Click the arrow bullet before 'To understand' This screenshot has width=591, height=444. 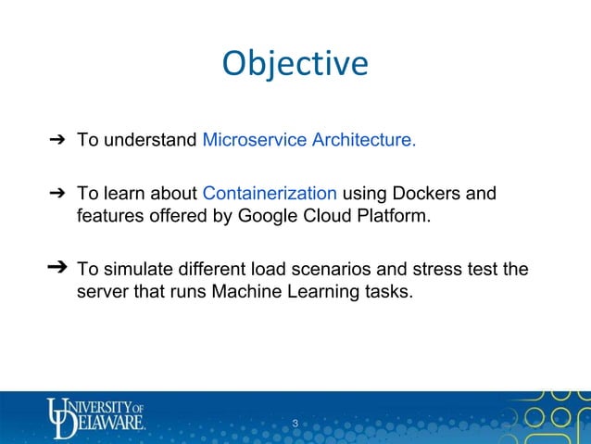pyautogui.click(x=55, y=141)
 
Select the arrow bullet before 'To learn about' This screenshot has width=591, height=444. pyautogui.click(x=55, y=194)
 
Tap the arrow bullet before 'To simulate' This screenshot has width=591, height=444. pyautogui.click(x=57, y=269)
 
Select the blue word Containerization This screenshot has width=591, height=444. pyautogui.click(x=269, y=194)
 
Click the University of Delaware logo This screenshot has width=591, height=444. pyautogui.click(x=96, y=415)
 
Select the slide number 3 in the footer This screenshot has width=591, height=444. pyautogui.click(x=295, y=425)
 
